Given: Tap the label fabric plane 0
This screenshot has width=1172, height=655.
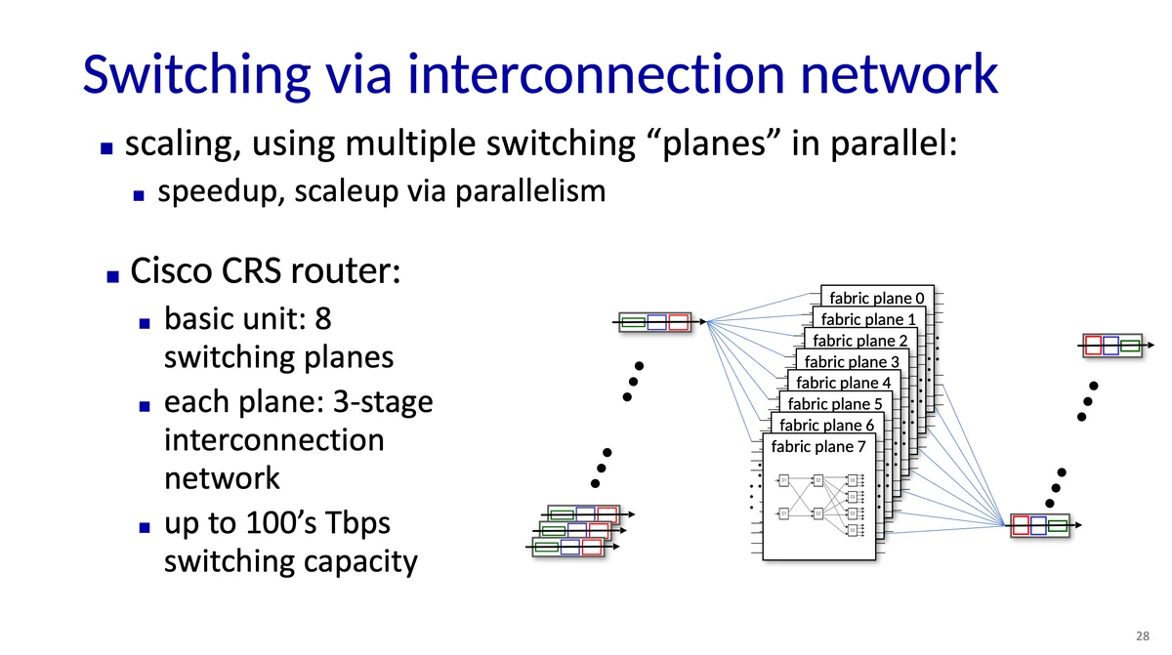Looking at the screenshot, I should [876, 297].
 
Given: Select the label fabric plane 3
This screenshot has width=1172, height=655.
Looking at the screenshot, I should [853, 362].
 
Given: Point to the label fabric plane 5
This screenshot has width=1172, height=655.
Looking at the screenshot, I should [835, 403].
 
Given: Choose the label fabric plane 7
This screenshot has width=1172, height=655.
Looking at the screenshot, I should [818, 447].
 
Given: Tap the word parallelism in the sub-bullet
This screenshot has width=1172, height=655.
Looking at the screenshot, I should [524, 191].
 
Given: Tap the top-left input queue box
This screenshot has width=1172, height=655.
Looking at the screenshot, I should [655, 322].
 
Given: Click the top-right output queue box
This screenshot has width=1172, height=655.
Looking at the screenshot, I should [1111, 345].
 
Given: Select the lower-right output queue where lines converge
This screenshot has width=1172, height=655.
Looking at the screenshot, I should [1040, 525].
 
